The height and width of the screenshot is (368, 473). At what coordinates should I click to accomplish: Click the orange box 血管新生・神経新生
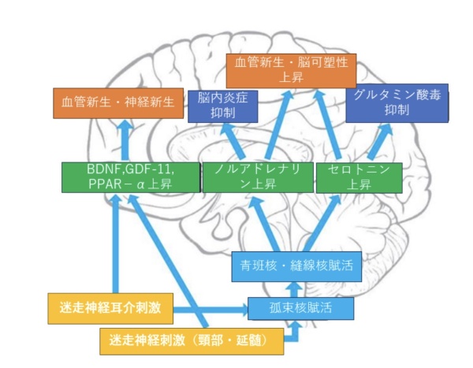pyautogui.click(x=118, y=103)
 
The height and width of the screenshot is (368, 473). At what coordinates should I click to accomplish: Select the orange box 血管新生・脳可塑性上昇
pyautogui.click(x=291, y=71)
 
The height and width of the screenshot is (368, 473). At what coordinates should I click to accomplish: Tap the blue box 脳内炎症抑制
pyautogui.click(x=222, y=106)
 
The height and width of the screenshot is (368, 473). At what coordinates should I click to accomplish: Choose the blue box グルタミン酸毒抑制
pyautogui.click(x=397, y=103)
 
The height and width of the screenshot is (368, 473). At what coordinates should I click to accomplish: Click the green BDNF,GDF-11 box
pyautogui.click(x=131, y=177)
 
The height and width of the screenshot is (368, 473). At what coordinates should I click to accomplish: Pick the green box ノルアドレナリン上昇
pyautogui.click(x=258, y=177)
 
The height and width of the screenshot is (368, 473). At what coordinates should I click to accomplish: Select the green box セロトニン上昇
pyautogui.click(x=359, y=177)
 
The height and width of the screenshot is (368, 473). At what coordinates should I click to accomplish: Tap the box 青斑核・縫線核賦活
pyautogui.click(x=296, y=266)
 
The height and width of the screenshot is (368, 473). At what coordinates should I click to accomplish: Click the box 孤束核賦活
pyautogui.click(x=300, y=309)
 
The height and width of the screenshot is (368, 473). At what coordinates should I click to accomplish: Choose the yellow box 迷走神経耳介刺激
pyautogui.click(x=110, y=308)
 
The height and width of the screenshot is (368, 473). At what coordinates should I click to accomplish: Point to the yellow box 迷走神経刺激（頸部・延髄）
pyautogui.click(x=192, y=341)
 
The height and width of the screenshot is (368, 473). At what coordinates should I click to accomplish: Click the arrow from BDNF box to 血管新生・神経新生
pyautogui.click(x=125, y=139)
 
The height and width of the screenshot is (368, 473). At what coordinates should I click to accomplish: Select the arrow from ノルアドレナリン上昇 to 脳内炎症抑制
pyautogui.click(x=233, y=140)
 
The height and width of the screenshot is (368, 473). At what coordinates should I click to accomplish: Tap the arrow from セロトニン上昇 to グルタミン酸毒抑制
pyautogui.click(x=380, y=142)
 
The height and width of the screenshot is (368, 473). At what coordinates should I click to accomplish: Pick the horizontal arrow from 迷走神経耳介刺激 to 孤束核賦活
pyautogui.click(x=210, y=310)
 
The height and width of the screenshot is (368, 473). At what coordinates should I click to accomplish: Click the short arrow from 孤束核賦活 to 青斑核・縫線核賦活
pyautogui.click(x=294, y=289)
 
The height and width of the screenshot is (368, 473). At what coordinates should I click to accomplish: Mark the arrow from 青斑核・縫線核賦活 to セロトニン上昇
pyautogui.click(x=322, y=223)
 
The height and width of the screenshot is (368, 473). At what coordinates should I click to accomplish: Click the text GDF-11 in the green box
pyautogui.click(x=149, y=169)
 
